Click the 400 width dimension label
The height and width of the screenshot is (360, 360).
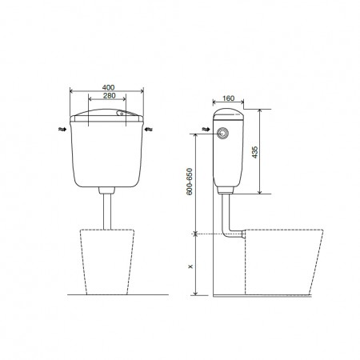(x=108, y=87)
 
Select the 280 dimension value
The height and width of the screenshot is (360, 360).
(x=110, y=95)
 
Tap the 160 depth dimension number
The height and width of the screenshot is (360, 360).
(x=228, y=98)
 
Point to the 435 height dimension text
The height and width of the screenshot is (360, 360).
(x=255, y=152)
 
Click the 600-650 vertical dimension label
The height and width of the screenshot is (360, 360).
(x=190, y=182)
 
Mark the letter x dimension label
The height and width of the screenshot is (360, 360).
(x=190, y=266)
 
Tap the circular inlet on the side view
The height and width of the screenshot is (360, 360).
(x=222, y=133)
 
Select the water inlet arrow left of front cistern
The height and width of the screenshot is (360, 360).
(x=62, y=130)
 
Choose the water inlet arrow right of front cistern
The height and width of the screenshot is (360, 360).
(x=149, y=130)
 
